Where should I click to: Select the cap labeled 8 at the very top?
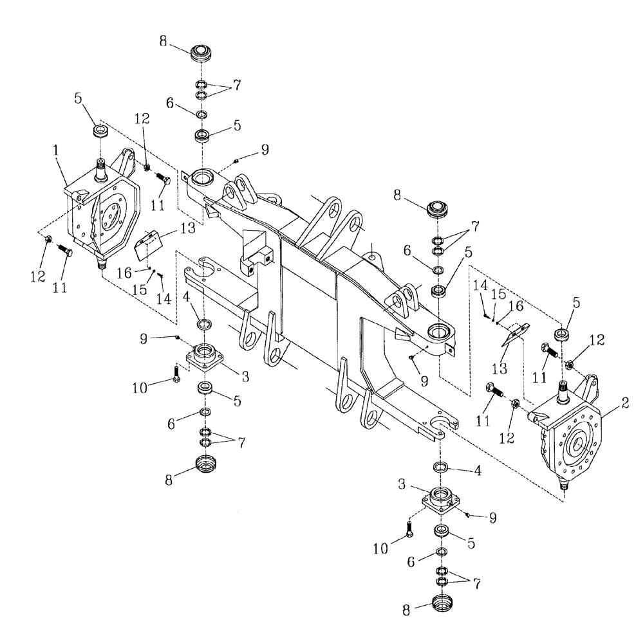pyautogui.click(x=201, y=53)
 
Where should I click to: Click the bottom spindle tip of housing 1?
pyautogui.click(x=101, y=264)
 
